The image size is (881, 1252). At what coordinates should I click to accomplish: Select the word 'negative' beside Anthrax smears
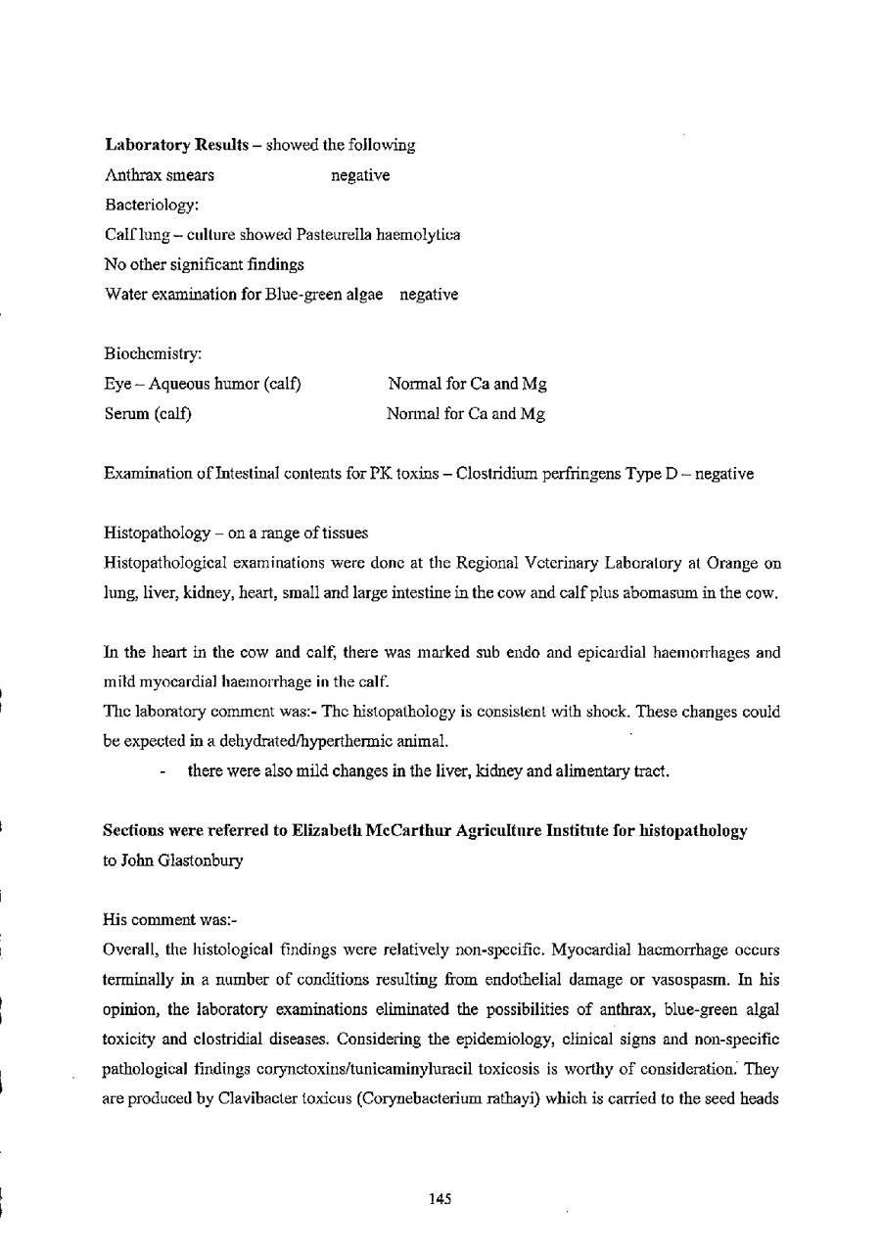pyautogui.click(x=361, y=175)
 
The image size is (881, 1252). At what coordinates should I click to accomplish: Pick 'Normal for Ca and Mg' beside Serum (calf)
pyautogui.click(x=467, y=413)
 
